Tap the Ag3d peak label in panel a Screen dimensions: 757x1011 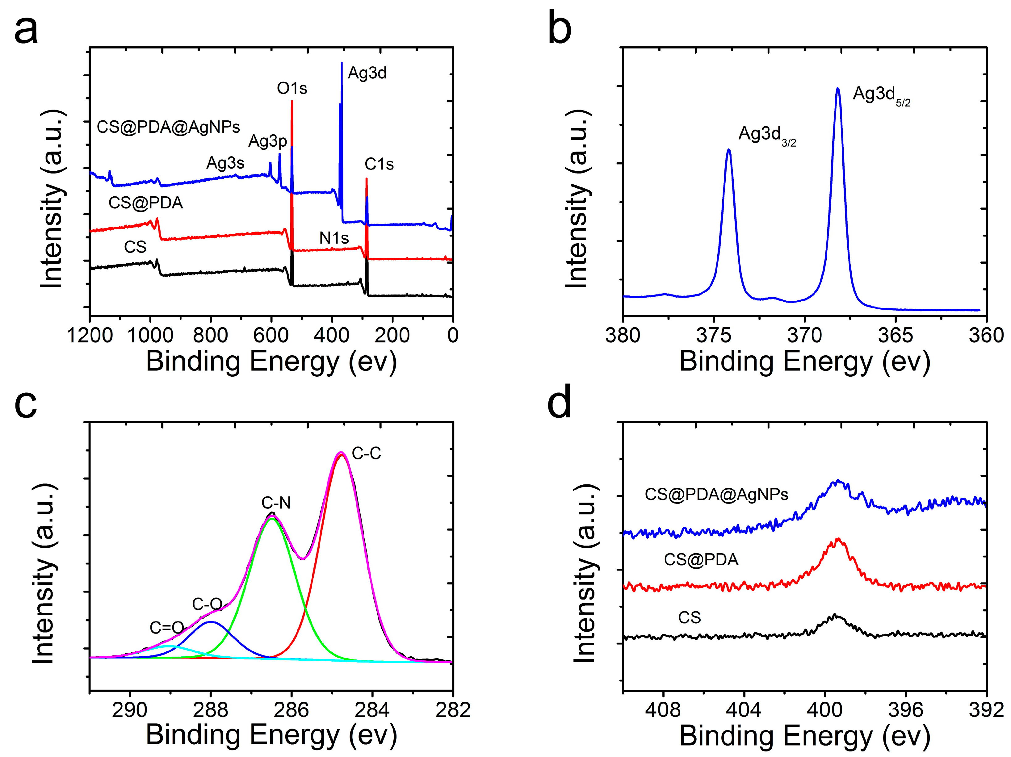click(367, 73)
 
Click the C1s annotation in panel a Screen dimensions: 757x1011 click(379, 164)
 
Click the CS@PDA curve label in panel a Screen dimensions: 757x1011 click(145, 203)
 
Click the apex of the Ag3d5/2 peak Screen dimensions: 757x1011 click(837, 89)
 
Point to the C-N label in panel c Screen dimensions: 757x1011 click(276, 503)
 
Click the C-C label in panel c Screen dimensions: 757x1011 click(366, 454)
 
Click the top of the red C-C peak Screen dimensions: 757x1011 click(340, 454)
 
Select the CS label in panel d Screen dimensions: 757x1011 click(689, 618)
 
